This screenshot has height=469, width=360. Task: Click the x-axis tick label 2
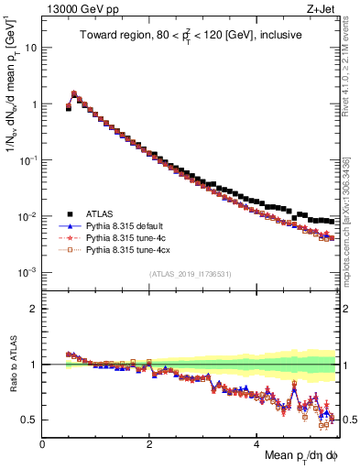click(149, 443)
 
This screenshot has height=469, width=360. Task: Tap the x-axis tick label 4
click(256, 443)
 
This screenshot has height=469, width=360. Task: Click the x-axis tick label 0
click(42, 443)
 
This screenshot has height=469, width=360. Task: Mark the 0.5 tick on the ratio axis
click(28, 420)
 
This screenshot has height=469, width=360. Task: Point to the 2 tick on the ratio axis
click(33, 309)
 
